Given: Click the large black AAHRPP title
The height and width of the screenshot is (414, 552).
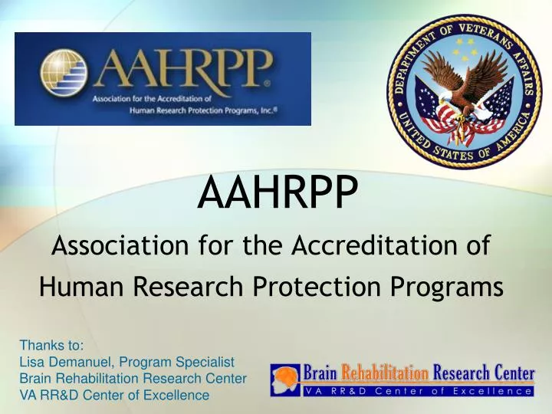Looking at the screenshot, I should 276,195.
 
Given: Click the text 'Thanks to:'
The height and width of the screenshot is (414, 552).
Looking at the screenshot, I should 51,345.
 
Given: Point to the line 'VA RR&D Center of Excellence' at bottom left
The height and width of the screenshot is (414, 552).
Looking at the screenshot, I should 114,396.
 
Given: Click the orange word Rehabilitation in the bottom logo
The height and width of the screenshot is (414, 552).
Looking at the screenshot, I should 384,373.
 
